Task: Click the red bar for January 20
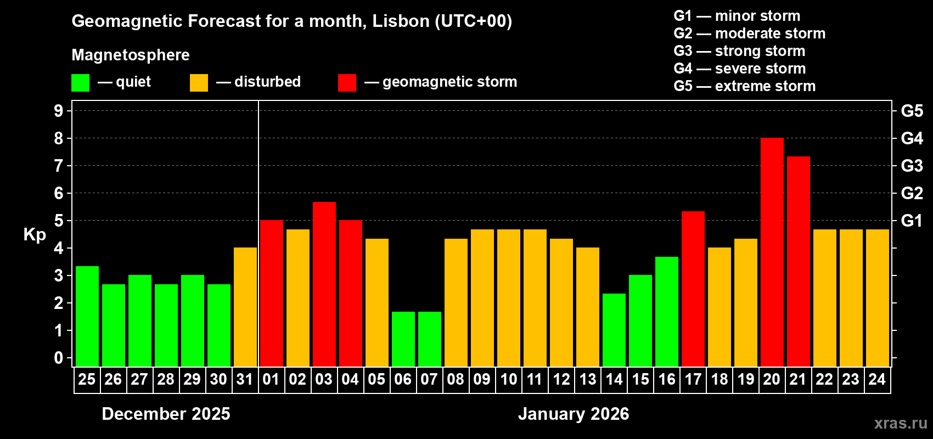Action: pyautogui.click(x=772, y=252)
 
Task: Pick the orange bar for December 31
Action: pyautogui.click(x=245, y=307)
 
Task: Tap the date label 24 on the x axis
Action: pyautogui.click(x=877, y=380)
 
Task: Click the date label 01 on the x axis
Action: pyautogui.click(x=271, y=380)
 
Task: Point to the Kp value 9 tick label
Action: pyautogui.click(x=59, y=111)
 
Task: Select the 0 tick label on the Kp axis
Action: pyautogui.click(x=59, y=358)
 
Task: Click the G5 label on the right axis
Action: pyautogui.click(x=912, y=111)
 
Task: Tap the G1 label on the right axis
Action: pyautogui.click(x=912, y=221)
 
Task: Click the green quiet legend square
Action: pyautogui.click(x=80, y=83)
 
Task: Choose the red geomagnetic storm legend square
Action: pyautogui.click(x=347, y=83)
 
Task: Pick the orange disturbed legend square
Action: pyautogui.click(x=199, y=83)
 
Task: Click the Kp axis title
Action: pyautogui.click(x=35, y=235)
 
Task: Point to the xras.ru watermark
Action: pyautogui.click(x=900, y=423)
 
